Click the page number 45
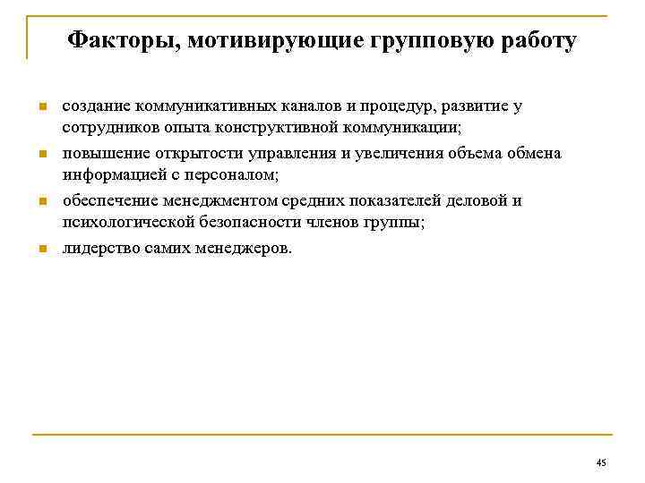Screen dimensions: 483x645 click(x=600, y=462)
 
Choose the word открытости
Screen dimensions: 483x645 click(x=185, y=153)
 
